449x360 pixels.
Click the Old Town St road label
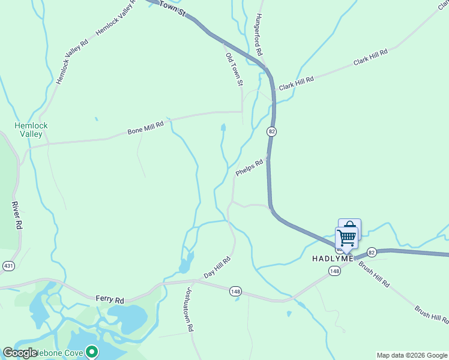[234, 69]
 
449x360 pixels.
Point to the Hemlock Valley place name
[31, 130]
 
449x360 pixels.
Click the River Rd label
[17, 215]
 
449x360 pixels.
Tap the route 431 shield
[8, 265]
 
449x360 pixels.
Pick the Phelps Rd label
[249, 167]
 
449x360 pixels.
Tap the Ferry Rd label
[109, 298]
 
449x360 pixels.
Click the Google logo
[20, 353]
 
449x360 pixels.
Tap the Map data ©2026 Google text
[411, 355]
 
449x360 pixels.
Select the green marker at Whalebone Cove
[91, 351]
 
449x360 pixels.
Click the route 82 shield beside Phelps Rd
[272, 132]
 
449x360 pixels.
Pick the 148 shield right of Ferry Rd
[235, 292]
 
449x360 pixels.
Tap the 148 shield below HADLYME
[334, 272]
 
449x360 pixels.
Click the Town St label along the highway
[173, 10]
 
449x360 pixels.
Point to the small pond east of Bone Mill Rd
[223, 128]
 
